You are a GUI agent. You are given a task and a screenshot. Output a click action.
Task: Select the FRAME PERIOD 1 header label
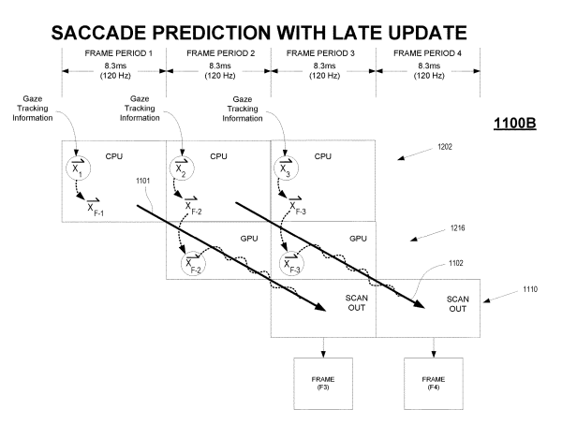(118, 53)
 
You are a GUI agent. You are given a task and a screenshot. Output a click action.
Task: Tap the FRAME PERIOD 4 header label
(427, 53)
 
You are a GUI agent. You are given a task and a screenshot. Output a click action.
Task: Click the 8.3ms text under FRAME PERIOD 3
(324, 66)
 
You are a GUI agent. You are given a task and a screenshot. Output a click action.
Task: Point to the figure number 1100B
(514, 124)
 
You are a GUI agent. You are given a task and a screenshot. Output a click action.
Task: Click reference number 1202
(445, 147)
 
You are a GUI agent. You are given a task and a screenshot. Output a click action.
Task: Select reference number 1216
(457, 228)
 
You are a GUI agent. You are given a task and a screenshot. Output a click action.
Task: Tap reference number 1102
(455, 263)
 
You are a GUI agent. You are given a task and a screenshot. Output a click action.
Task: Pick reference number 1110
(530, 289)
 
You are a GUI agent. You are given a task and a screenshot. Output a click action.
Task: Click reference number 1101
(142, 181)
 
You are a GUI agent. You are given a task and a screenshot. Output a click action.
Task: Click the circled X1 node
(78, 168)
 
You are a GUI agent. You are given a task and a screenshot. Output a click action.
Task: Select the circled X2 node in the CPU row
(182, 168)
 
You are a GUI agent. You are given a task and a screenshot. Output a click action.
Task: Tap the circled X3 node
(286, 168)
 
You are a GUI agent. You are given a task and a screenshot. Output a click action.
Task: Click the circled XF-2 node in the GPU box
(193, 264)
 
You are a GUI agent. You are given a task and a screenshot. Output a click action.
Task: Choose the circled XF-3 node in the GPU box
(292, 264)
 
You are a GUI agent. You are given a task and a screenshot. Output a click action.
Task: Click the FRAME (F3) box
(323, 384)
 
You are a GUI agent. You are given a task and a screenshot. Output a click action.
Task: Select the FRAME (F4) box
(434, 384)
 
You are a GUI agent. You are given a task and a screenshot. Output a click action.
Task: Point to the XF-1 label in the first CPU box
(95, 207)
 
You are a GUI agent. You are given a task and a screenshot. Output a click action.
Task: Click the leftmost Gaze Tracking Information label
(33, 109)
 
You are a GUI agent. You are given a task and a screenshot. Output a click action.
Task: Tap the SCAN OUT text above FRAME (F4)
(457, 304)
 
